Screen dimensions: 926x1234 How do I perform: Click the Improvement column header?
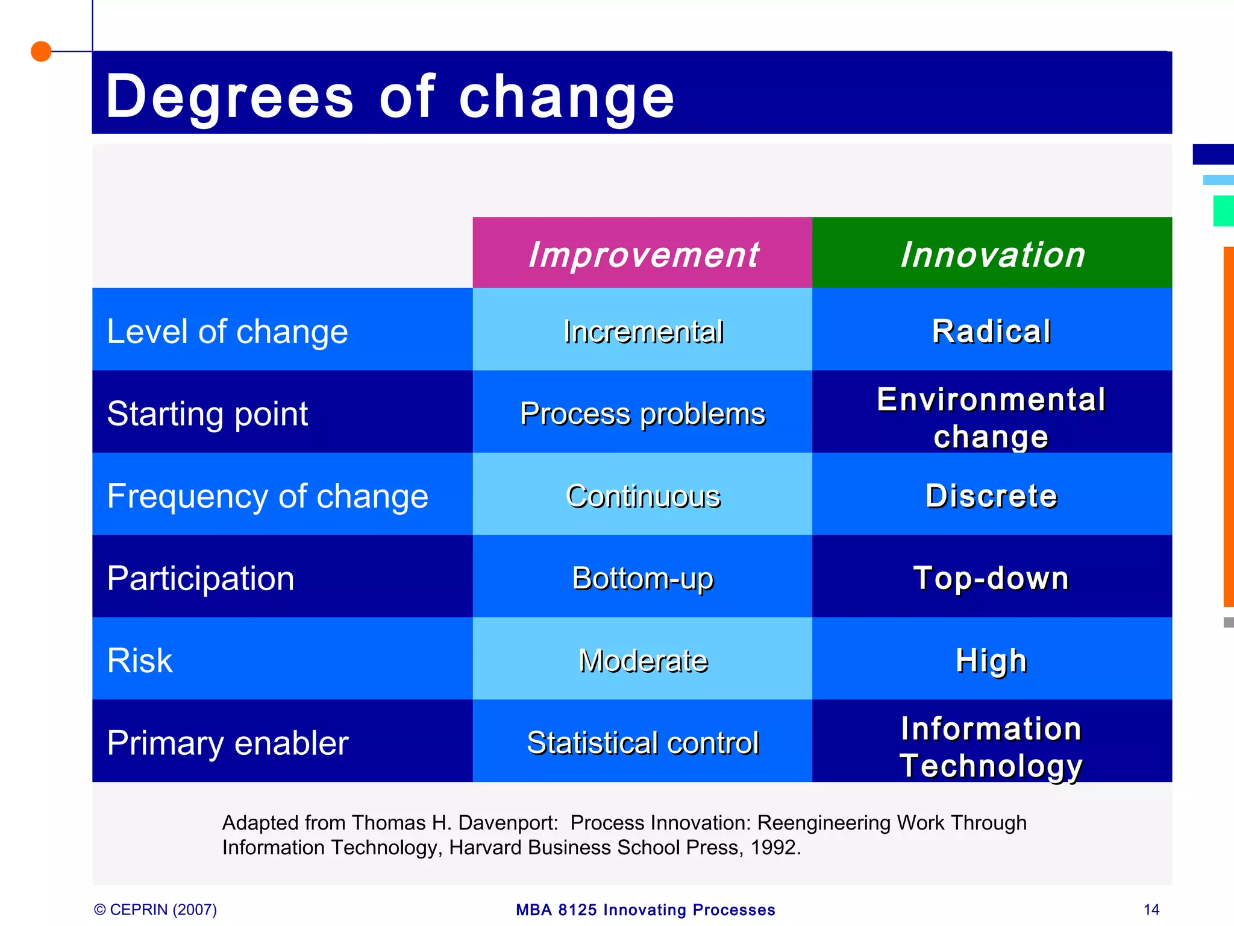pyautogui.click(x=643, y=254)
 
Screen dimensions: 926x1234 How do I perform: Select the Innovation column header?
pyautogui.click(x=992, y=254)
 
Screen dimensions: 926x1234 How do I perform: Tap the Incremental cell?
pyautogui.click(x=643, y=331)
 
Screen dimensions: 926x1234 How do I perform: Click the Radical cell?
pyautogui.click(x=992, y=331)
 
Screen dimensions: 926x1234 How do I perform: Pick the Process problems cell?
pyautogui.click(x=642, y=414)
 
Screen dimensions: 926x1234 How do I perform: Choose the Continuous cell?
pyautogui.click(x=643, y=496)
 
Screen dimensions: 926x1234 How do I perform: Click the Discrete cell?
pyautogui.click(x=992, y=496)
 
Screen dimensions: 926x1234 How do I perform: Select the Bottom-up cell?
pyautogui.click(x=642, y=578)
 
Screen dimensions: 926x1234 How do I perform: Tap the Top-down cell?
pyautogui.click(x=992, y=578)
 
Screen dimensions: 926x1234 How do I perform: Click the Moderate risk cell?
pyautogui.click(x=643, y=660)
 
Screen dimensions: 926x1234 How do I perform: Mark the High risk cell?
pyautogui.click(x=992, y=660)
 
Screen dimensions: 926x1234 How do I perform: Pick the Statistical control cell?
pyautogui.click(x=642, y=742)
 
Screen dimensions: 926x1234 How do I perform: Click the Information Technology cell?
pyautogui.click(x=992, y=746)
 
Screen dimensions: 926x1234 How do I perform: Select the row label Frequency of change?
pyautogui.click(x=268, y=496)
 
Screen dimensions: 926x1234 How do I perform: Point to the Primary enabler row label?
pyautogui.click(x=228, y=743)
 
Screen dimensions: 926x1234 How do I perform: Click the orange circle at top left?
pyautogui.click(x=41, y=51)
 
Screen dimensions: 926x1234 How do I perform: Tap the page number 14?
pyautogui.click(x=1151, y=909)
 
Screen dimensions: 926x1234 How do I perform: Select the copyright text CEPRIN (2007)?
pyautogui.click(x=155, y=909)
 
